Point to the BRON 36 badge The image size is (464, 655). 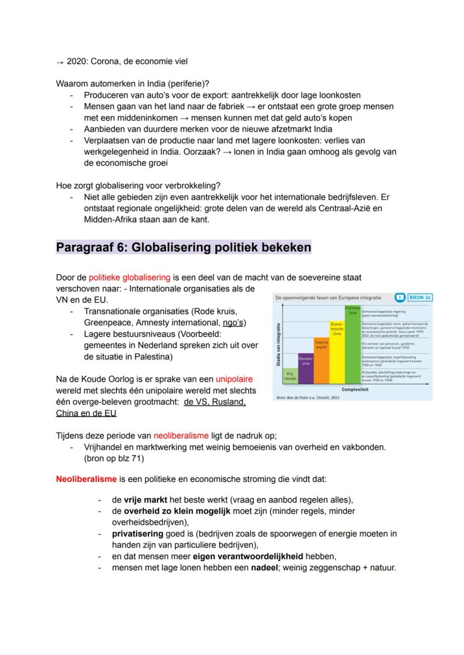coord(420,297)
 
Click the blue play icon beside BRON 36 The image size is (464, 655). coord(400,297)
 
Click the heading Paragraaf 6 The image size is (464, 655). coord(183,247)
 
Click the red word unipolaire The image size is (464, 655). coord(234,379)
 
